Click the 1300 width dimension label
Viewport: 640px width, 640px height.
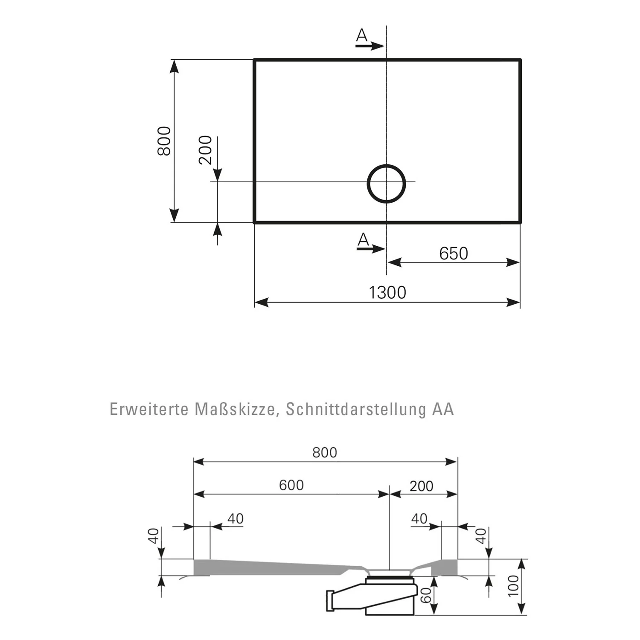click(x=387, y=293)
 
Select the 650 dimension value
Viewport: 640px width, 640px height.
click(x=454, y=253)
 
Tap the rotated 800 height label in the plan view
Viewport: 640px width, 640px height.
click(x=164, y=141)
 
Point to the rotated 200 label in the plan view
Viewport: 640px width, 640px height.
click(x=205, y=150)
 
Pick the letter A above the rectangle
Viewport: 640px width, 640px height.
click(x=361, y=35)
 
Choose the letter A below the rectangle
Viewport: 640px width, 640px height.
click(x=363, y=240)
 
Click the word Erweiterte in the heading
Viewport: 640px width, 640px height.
click(x=149, y=409)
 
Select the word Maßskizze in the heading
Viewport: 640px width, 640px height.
click(x=237, y=410)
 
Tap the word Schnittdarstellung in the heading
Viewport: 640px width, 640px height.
click(x=356, y=410)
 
